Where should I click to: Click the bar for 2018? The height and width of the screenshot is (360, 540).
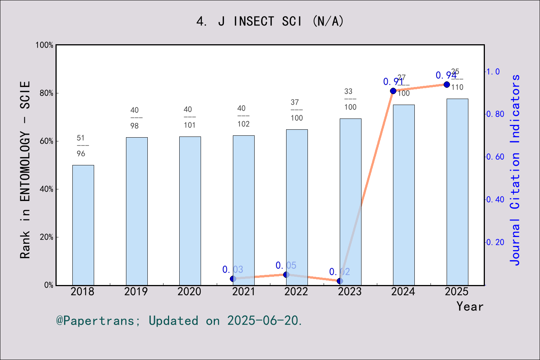click(x=83, y=225)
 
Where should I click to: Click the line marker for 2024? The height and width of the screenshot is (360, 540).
click(x=393, y=91)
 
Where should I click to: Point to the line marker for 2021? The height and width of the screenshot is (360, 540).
click(x=233, y=279)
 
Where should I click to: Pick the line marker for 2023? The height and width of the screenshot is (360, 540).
click(x=340, y=281)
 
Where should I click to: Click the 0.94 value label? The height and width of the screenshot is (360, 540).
click(x=446, y=75)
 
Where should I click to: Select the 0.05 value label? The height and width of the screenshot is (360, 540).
click(x=286, y=265)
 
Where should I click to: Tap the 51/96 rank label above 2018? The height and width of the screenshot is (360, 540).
click(x=81, y=145)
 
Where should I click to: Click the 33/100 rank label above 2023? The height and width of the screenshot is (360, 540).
click(x=350, y=99)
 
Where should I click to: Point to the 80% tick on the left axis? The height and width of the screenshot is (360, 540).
click(x=46, y=93)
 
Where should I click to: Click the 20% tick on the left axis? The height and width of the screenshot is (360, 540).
click(x=46, y=237)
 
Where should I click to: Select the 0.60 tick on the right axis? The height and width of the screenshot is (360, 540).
click(x=495, y=157)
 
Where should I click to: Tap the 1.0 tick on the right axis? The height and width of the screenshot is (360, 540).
click(x=493, y=71)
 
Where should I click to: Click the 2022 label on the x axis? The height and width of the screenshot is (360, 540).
click(x=296, y=291)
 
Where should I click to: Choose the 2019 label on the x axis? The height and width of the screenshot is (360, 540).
click(x=136, y=291)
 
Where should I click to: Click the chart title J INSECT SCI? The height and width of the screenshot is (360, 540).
click(x=270, y=21)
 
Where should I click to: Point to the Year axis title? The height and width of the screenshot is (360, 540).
click(x=469, y=306)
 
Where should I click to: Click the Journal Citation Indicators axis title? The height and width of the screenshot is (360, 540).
click(x=515, y=169)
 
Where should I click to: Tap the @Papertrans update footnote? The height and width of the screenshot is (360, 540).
click(x=179, y=321)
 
